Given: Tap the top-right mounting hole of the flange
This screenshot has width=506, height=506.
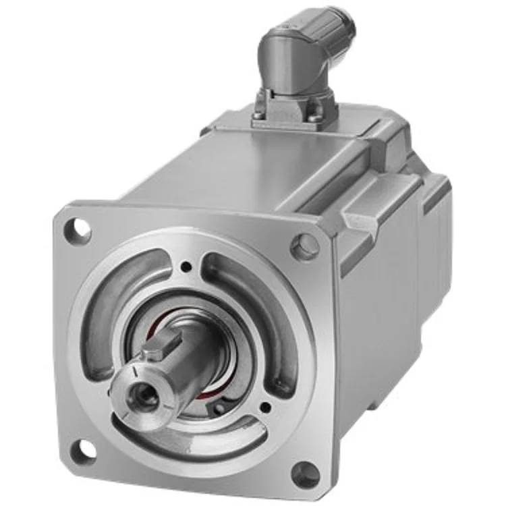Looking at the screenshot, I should pyautogui.click(x=305, y=246).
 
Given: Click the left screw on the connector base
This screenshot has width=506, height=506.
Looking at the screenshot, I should pyautogui.click(x=261, y=117).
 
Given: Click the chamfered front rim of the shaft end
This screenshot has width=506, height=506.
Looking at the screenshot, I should pyautogui.click(x=128, y=385).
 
